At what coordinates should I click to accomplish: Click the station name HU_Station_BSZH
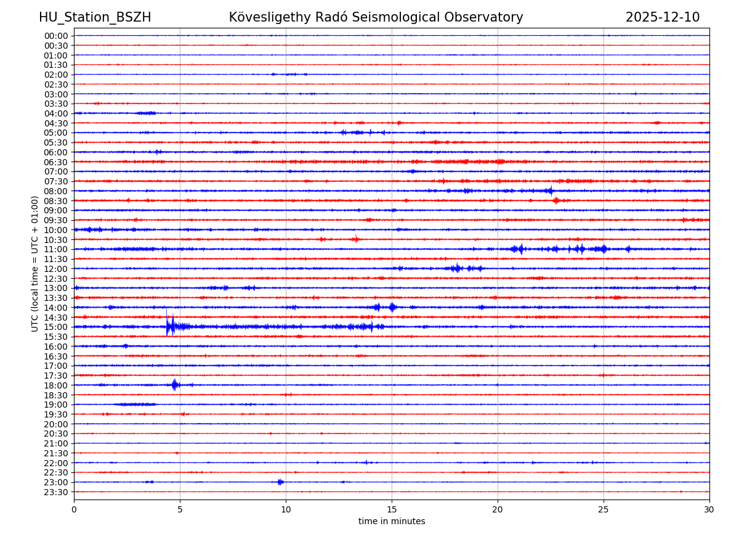tap(95, 17)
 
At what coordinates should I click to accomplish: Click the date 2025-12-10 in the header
tap(662, 17)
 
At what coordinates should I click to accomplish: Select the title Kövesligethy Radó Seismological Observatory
tap(376, 17)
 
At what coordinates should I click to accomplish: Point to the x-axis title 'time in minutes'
tap(392, 522)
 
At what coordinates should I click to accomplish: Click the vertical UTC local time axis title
tap(35, 263)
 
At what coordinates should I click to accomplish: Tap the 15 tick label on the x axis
tap(392, 510)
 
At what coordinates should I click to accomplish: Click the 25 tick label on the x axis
tap(604, 510)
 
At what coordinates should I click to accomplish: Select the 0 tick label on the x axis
tap(74, 510)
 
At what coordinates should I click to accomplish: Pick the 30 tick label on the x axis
tap(709, 510)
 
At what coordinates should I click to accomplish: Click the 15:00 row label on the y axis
tap(56, 327)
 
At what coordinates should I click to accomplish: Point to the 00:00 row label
tap(56, 36)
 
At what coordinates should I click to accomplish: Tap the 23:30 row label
tap(56, 492)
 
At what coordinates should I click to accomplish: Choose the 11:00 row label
tap(56, 249)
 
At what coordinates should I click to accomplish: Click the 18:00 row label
tap(56, 385)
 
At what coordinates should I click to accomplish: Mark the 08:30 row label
tap(56, 201)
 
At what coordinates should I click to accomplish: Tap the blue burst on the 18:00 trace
tap(175, 385)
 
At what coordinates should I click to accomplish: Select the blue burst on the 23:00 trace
tap(280, 482)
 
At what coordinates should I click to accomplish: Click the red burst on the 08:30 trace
tap(555, 200)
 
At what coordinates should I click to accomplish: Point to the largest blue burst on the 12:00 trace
tap(456, 268)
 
